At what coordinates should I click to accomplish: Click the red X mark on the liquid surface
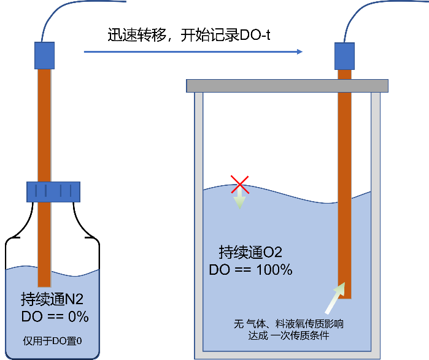(239, 183)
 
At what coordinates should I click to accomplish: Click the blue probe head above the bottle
(45, 55)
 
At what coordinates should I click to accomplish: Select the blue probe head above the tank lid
(344, 56)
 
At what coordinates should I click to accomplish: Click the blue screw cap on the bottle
(53, 191)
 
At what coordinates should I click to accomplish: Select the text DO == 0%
(55, 317)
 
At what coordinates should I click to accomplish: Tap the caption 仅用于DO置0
(52, 340)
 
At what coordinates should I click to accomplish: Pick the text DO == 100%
(250, 269)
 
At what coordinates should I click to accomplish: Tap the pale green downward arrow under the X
(239, 201)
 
